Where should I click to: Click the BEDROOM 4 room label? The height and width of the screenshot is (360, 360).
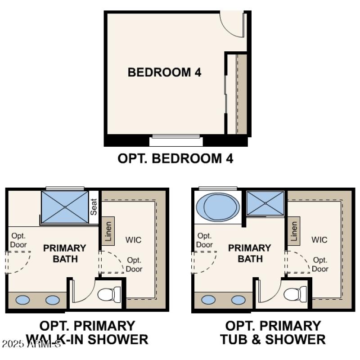coord(164,72)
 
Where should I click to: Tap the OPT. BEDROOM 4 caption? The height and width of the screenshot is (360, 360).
coord(175,158)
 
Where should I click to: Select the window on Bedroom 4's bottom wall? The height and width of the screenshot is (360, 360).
coord(176,140)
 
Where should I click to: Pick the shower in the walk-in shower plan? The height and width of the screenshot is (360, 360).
coord(65,207)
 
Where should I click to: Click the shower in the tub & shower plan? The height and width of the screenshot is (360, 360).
coord(265,203)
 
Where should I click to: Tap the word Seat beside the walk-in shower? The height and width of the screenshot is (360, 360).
coord(94,207)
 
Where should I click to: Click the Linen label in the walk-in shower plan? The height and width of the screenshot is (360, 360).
coord(108,231)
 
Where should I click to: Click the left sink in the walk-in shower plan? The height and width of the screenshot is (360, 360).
coord(22,300)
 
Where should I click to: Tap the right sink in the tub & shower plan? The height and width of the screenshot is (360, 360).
coord(238,300)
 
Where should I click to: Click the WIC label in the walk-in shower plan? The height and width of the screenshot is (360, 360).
coord(133,240)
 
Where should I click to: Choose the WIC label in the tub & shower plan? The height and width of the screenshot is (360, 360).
coord(319,240)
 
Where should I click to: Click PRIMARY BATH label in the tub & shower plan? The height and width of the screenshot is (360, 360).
coord(250,253)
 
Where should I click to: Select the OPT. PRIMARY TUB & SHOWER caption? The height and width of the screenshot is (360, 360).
coord(273,333)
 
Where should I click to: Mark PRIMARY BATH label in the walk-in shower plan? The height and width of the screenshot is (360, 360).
coord(65,253)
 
